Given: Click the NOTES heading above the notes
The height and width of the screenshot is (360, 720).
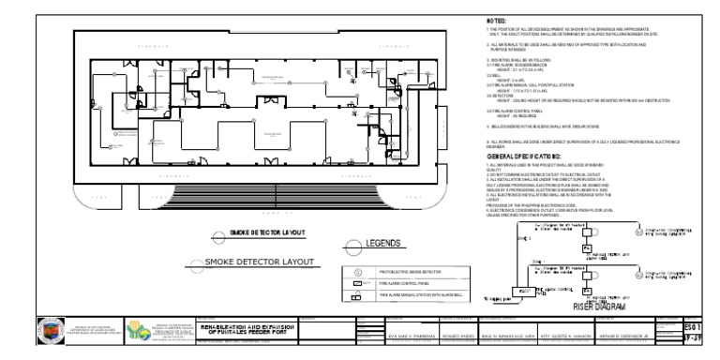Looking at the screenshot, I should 496,20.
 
